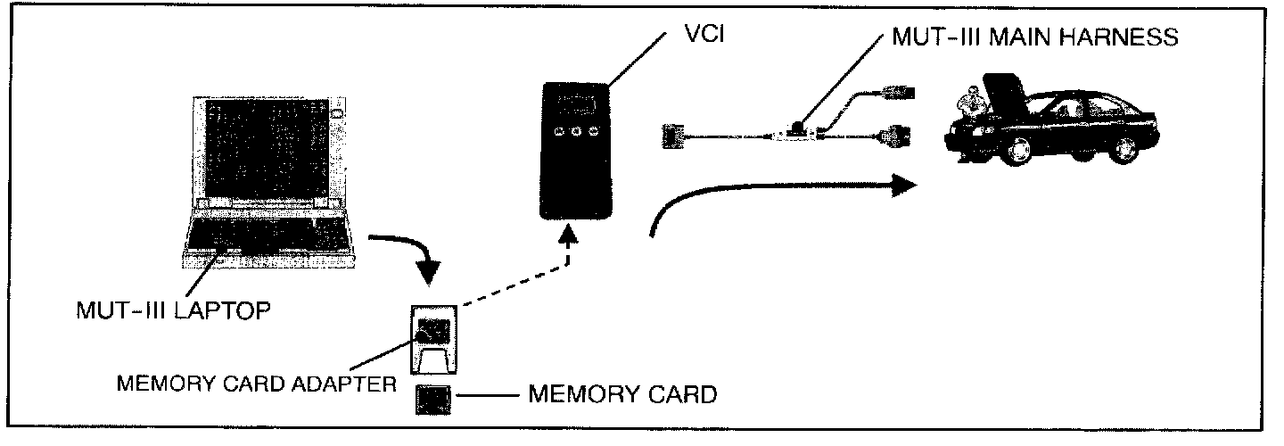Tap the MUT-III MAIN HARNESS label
tap(1035, 37)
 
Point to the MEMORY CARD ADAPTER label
tap(257, 385)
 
